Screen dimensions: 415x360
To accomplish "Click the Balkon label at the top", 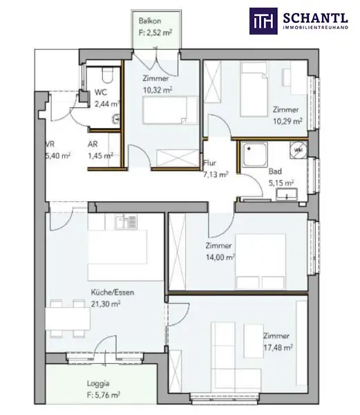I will coord(150,21).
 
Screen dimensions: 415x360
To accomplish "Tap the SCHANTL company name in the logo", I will coord(318,17).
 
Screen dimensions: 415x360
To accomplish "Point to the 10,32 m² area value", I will coord(158,89).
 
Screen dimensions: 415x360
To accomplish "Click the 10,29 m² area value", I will coord(288,121).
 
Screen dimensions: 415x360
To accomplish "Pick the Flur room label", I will coord(210,164).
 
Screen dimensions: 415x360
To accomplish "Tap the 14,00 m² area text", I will coord(220,257).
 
